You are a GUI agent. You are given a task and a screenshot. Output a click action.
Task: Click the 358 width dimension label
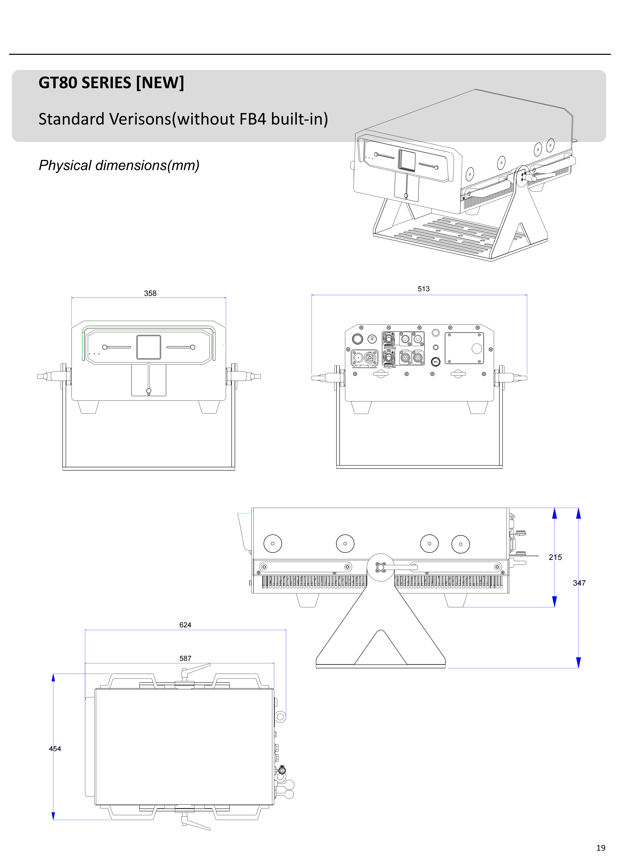[150, 293]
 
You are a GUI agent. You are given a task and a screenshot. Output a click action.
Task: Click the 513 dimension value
[423, 289]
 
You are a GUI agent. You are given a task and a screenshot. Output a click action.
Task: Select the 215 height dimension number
[555, 557]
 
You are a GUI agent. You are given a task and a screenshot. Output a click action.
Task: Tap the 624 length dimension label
[185, 625]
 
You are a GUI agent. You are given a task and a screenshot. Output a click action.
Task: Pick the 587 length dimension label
[185, 658]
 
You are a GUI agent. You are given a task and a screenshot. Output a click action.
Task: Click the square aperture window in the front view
[149, 347]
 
